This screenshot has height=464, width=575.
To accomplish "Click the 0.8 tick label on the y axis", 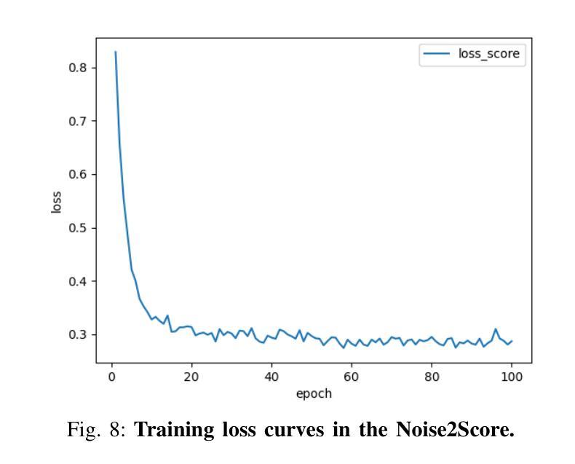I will coord(79,67).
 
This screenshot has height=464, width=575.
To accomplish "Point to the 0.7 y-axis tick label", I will coord(79,121).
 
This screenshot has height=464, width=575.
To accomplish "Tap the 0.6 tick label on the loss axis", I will coord(79,174).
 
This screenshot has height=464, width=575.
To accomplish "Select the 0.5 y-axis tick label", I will coord(79,228).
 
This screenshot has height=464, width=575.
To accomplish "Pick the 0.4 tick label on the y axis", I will coord(79,281).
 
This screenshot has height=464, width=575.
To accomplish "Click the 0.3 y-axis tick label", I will coord(79,335).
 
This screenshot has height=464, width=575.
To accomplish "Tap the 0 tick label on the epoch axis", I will coord(111,377).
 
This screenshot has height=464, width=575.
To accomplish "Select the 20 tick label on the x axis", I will coord(191,377).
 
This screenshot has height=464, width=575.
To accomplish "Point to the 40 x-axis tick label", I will coord(271,377).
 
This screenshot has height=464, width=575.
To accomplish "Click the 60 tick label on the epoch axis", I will coord(352,377).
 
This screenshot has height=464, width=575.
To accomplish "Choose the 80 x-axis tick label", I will coord(432,377).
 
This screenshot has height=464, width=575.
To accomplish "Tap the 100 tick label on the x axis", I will coord(511,377).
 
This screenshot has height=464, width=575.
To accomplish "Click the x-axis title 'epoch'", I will coord(314,393).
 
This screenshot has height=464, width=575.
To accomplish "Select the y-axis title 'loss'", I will coord(57,201).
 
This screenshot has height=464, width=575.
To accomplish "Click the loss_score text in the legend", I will coord(488,54).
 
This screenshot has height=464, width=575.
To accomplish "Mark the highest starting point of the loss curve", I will coord(115,52).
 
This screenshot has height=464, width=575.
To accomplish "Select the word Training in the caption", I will coord(170,430).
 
